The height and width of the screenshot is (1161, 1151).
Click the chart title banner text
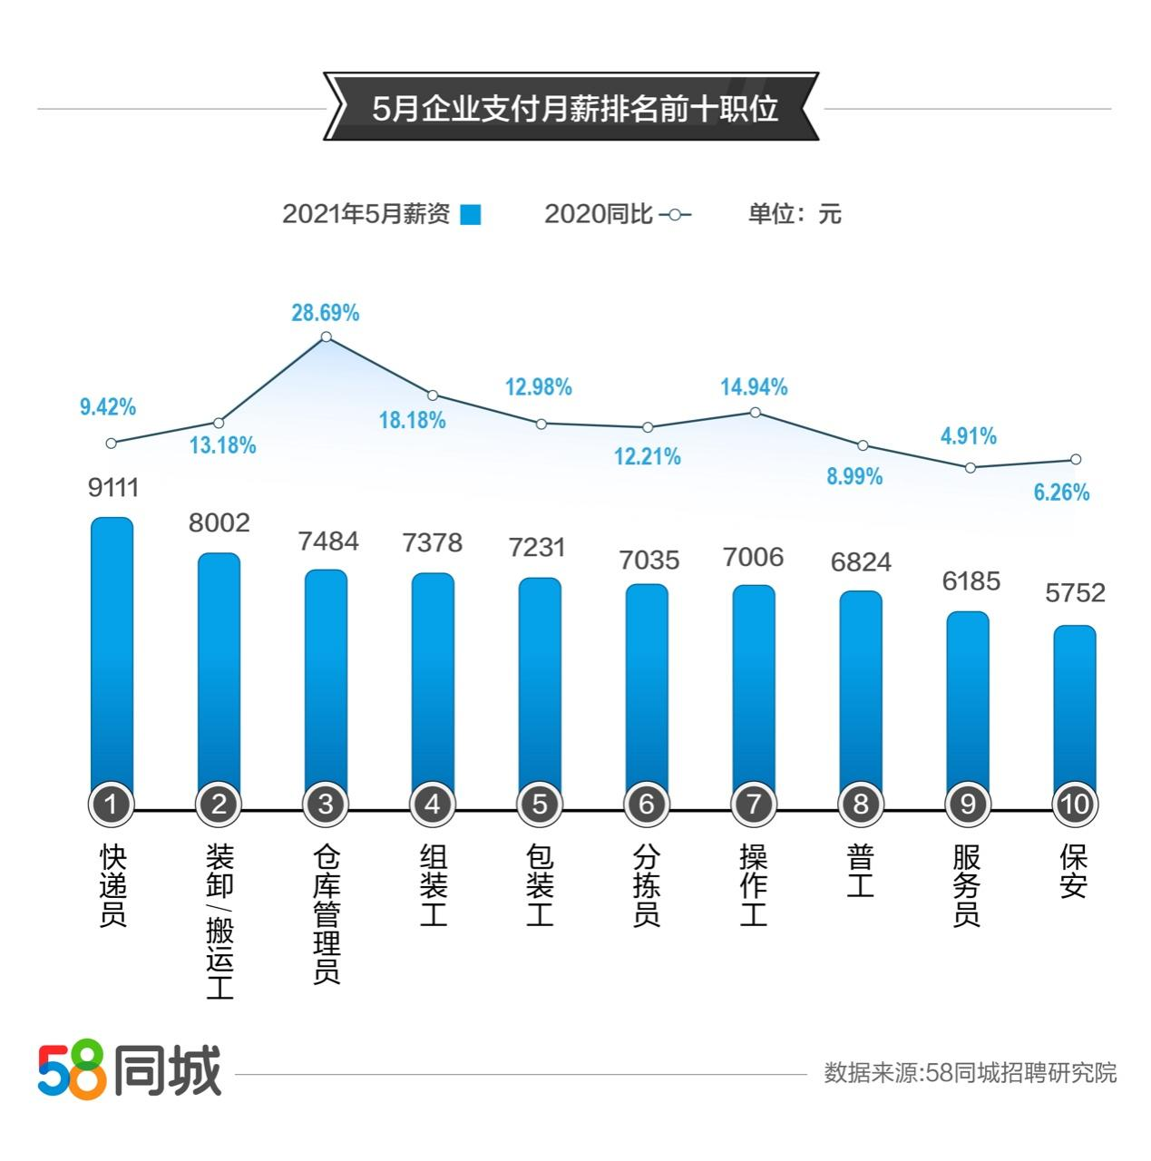coord(575,108)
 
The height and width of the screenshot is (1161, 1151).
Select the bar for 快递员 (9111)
coord(112,653)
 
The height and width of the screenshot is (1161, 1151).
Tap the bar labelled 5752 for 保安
coord(1074,707)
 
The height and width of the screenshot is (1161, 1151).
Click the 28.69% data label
coord(325,313)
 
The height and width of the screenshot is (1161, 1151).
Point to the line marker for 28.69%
coord(327,337)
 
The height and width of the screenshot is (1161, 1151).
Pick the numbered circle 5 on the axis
coord(540,804)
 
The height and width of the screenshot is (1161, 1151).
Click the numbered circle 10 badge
coord(1074,804)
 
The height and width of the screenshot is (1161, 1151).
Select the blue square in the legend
coord(470,215)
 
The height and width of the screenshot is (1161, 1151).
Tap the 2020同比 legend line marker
coord(675,215)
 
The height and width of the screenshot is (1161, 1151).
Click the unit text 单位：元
coord(795,214)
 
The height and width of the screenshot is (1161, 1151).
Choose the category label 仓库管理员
coord(326,913)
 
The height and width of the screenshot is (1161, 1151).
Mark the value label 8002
coord(219,523)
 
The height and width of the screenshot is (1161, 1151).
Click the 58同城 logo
coord(130,1070)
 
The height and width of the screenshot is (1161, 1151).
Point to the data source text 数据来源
coord(970,1073)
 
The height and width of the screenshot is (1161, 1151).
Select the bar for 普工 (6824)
coord(861,694)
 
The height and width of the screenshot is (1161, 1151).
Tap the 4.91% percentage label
coord(968,436)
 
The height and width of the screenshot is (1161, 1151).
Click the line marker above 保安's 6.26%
coord(1076,459)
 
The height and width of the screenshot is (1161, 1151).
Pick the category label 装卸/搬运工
coord(219,921)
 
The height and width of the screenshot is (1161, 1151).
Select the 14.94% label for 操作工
coord(754,387)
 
